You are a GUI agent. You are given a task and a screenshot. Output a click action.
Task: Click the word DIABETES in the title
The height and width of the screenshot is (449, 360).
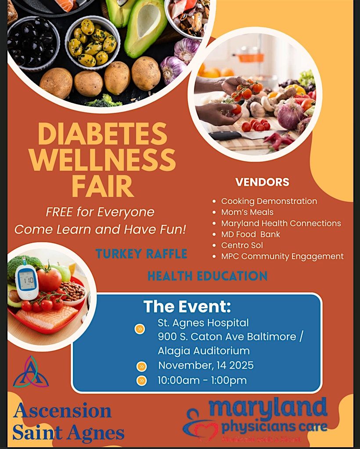tap(102, 134)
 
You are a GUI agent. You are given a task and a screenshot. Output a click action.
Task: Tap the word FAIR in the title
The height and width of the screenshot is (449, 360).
tap(103, 186)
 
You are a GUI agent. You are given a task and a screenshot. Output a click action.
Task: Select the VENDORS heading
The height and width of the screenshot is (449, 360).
tap(262, 182)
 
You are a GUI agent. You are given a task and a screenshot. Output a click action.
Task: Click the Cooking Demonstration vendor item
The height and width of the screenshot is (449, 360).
tap(269, 201)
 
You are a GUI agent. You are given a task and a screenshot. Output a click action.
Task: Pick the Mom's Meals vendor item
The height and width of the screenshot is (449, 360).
tap(247, 212)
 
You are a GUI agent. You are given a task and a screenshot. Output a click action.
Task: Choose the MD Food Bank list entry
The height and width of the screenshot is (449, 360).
tap(250, 234)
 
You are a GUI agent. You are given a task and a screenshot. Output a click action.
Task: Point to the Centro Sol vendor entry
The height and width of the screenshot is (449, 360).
tap(242, 245)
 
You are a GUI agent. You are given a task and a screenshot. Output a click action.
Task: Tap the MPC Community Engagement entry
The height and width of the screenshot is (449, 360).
tap(282, 256)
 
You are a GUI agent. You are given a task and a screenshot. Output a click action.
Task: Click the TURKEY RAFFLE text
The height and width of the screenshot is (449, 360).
tap(141, 254)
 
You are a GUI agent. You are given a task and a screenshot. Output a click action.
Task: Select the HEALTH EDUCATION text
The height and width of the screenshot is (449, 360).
tap(207, 276)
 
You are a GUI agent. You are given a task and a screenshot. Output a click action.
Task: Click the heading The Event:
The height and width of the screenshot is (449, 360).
tap(187, 306)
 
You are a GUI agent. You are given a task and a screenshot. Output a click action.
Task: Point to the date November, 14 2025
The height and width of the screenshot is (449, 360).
tap(205, 366)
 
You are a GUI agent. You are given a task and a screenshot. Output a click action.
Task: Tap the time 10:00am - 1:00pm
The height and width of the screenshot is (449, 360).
tap(202, 380)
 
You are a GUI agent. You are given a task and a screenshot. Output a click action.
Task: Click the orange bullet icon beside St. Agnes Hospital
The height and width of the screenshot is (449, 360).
tap(140, 329)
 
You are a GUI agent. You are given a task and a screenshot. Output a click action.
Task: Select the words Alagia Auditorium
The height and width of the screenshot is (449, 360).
tap(204, 351)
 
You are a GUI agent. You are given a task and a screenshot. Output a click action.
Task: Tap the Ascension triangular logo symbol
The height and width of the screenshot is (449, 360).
tap(31, 372)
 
